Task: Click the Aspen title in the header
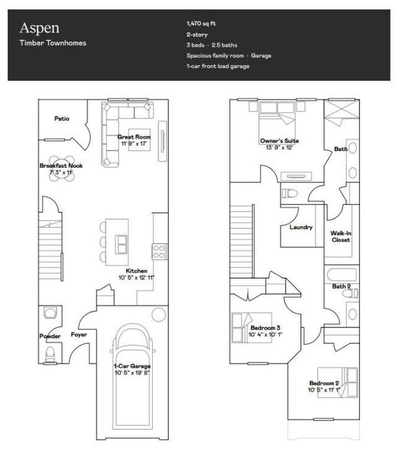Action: click(40, 28)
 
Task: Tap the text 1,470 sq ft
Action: click(201, 24)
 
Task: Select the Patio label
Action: click(62, 118)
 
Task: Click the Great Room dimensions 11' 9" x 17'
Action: click(134, 144)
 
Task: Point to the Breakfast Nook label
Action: click(61, 166)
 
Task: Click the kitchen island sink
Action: click(121, 245)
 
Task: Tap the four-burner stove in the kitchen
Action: click(159, 251)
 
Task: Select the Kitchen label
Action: click(136, 271)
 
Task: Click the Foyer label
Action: click(79, 334)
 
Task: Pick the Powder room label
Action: click(50, 336)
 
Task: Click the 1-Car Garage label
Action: click(132, 366)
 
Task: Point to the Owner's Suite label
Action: click(280, 141)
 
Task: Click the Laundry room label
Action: click(301, 227)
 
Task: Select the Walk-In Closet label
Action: click(341, 236)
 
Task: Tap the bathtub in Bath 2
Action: click(341, 274)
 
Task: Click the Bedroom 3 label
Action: click(265, 327)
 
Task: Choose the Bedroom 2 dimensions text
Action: click(324, 390)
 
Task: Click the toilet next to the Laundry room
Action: click(290, 193)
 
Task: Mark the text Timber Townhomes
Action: click(53, 43)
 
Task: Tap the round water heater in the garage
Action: click(159, 314)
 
